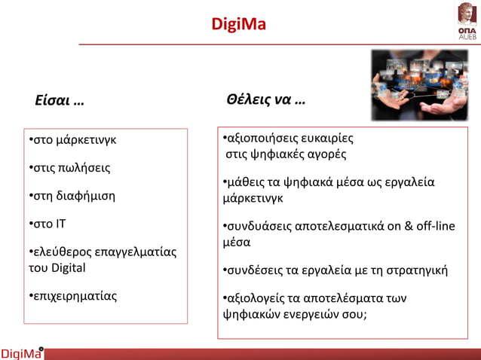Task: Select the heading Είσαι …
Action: point(60,101)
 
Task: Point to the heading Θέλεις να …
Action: point(265,100)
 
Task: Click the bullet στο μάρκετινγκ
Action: point(72,140)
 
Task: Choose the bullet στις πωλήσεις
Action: point(69,167)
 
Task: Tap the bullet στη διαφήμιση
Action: point(72,196)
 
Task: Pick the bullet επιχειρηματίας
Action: point(72,296)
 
